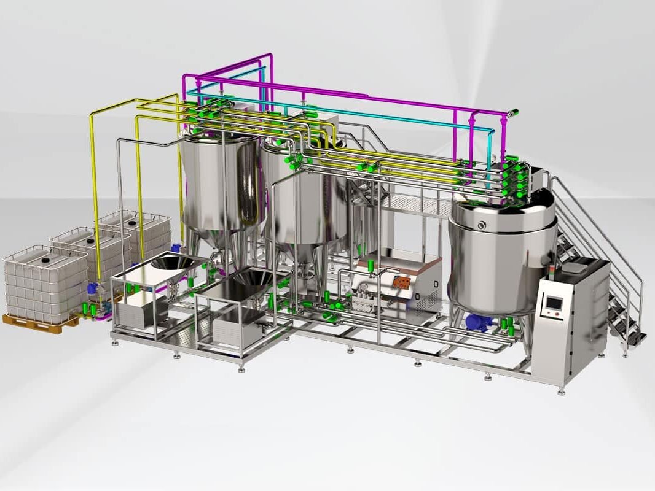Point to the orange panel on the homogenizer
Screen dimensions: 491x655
(x=403, y=282)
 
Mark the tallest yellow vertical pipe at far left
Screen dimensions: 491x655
(x=95, y=184)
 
